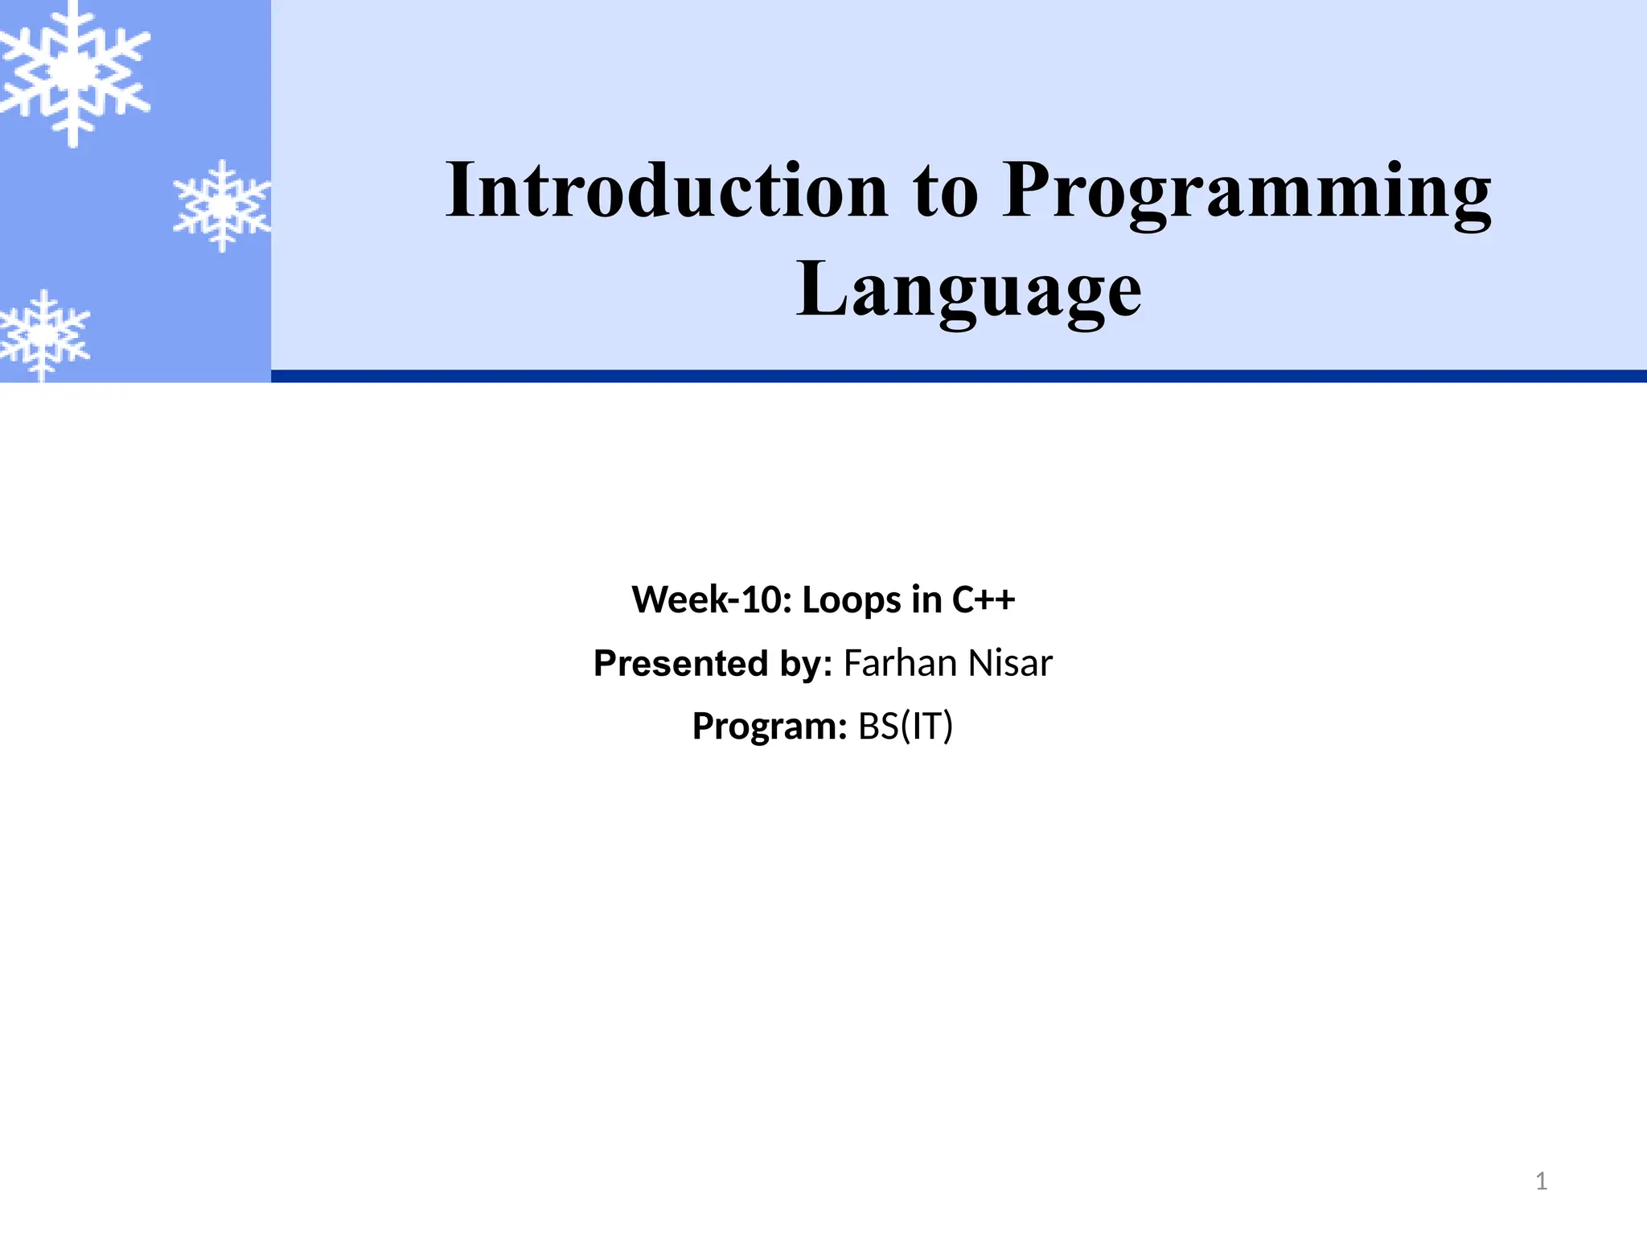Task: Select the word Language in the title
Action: (968, 290)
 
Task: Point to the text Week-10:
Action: (713, 600)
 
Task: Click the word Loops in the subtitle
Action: (852, 600)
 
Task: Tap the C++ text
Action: (984, 600)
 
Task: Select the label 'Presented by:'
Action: (713, 664)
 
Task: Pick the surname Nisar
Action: (1010, 664)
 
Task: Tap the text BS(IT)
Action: (906, 727)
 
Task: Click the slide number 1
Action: (1541, 1181)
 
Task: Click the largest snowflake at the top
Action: (74, 72)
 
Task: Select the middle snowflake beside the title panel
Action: (222, 206)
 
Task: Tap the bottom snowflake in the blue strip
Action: (44, 334)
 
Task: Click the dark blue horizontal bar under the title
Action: (957, 376)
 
